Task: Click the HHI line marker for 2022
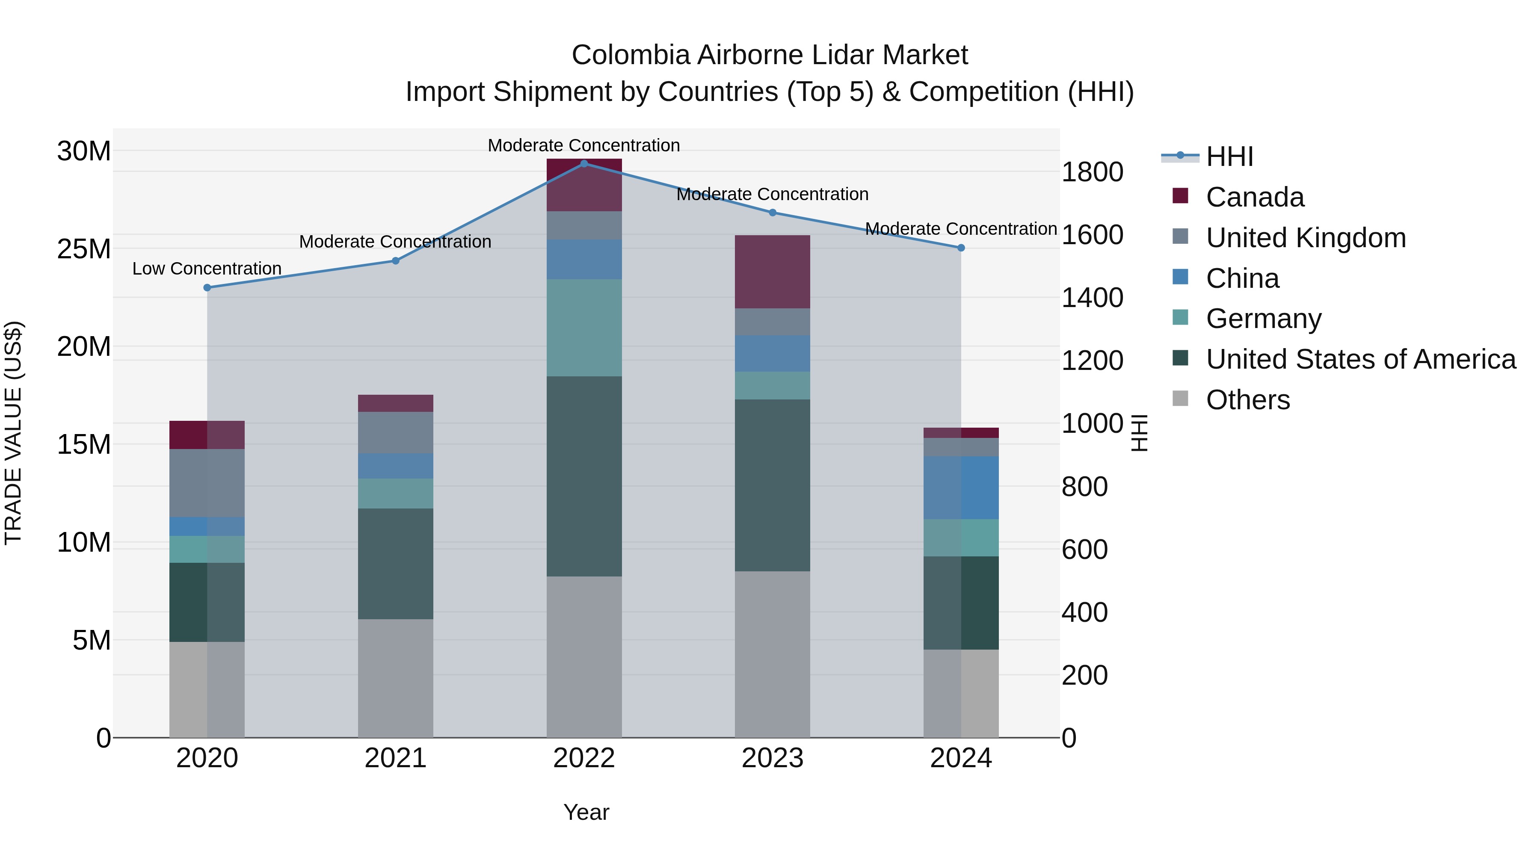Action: coord(584,163)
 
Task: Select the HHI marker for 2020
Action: coord(207,287)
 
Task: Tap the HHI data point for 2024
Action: coord(961,248)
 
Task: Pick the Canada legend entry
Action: coord(1254,197)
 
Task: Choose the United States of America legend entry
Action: coord(1360,359)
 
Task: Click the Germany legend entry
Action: coord(1263,319)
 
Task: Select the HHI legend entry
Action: coord(1229,157)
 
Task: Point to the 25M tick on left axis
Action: coord(84,248)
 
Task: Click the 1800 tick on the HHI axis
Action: coord(1092,172)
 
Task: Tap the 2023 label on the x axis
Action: coord(773,758)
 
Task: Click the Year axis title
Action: coord(586,812)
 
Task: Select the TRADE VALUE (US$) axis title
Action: coord(13,433)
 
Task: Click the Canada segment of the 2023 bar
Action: coord(773,272)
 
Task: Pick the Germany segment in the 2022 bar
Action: coord(584,328)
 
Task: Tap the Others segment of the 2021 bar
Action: coord(395,678)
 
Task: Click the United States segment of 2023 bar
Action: coord(773,485)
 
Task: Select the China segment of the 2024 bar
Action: coord(961,488)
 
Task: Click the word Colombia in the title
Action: coord(631,55)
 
